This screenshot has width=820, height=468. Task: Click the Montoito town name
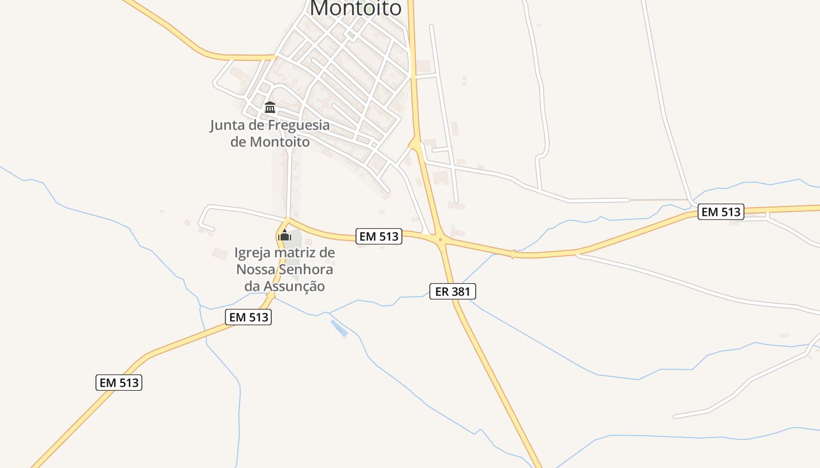[356, 8]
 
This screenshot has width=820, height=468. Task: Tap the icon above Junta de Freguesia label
[270, 107]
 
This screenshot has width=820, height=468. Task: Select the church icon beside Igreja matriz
[285, 236]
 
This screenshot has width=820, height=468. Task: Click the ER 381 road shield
[453, 291]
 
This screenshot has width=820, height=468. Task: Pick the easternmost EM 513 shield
[721, 212]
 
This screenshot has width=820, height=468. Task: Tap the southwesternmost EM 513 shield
[119, 383]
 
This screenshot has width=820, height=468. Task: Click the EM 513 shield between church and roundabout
[379, 236]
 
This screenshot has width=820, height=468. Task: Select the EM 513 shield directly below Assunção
[248, 317]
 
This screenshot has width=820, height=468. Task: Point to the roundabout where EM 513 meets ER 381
[440, 239]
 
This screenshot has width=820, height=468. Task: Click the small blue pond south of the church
[339, 328]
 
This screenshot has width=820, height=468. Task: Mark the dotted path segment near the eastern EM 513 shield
[659, 200]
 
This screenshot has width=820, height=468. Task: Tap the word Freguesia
[299, 125]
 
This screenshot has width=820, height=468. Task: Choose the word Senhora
[306, 270]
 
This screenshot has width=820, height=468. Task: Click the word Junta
[228, 125]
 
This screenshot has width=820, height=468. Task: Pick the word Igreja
[254, 253]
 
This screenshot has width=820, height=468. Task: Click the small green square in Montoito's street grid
[351, 35]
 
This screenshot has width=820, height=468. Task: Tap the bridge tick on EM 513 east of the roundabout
[513, 254]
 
